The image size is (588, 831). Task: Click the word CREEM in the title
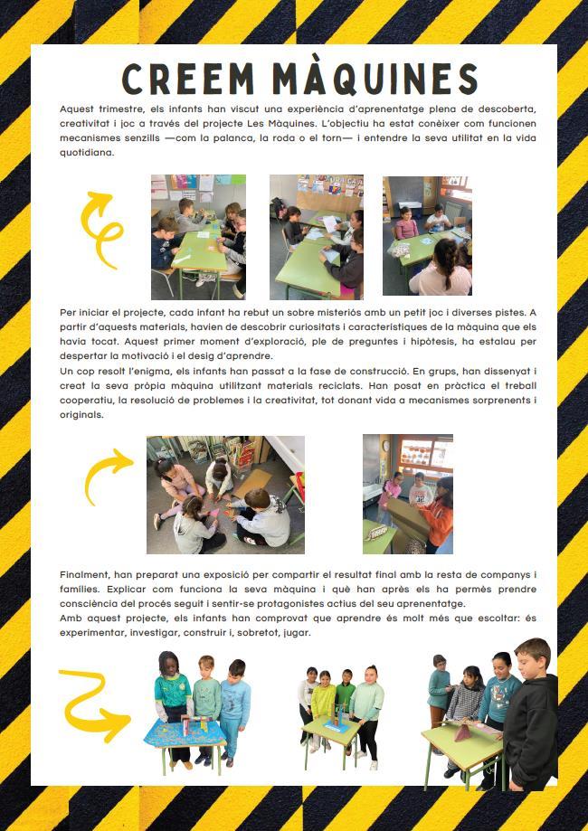tap(188, 79)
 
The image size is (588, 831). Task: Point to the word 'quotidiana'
tap(87, 153)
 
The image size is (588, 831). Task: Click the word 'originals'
tap(81, 415)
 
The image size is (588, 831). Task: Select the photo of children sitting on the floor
tap(225, 495)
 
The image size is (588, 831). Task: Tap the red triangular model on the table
tap(462, 733)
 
